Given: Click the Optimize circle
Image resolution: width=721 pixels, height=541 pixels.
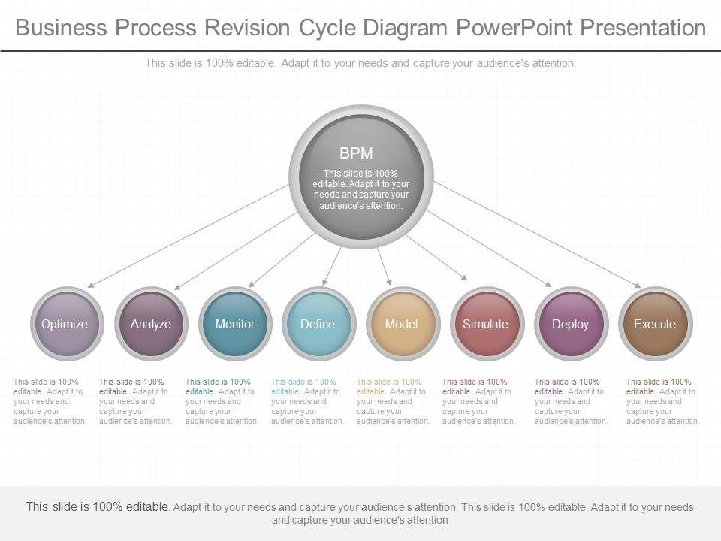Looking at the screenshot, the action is click(65, 325).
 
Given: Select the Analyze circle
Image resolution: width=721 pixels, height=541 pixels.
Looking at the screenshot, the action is click(151, 325).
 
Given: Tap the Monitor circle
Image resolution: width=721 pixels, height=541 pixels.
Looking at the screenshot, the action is click(235, 325).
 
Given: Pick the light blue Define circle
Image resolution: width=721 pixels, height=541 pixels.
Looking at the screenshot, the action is click(318, 325).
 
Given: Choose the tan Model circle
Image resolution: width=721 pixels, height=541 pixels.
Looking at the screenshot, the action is click(401, 325).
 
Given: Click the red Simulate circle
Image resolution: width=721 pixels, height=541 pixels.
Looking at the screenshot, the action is click(485, 325).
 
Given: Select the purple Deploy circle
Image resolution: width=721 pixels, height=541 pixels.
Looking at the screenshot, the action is click(570, 325).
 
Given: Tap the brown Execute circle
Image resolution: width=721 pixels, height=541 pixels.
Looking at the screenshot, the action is click(654, 325).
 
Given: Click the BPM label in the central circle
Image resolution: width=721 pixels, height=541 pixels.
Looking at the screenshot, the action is click(356, 153).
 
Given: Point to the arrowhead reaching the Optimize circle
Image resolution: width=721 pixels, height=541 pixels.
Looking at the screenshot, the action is click(89, 286).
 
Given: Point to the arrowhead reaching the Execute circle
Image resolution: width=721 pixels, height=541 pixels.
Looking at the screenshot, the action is click(638, 286).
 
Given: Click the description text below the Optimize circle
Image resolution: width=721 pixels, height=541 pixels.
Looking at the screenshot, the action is click(50, 401).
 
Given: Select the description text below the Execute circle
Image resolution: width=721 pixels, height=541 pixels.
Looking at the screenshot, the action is click(662, 401).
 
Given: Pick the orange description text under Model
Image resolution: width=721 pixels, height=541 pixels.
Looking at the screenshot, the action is click(393, 401).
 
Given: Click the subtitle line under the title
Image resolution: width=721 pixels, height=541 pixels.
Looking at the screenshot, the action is click(360, 63).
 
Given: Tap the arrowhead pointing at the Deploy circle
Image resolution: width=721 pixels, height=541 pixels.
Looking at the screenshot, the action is click(548, 285).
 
